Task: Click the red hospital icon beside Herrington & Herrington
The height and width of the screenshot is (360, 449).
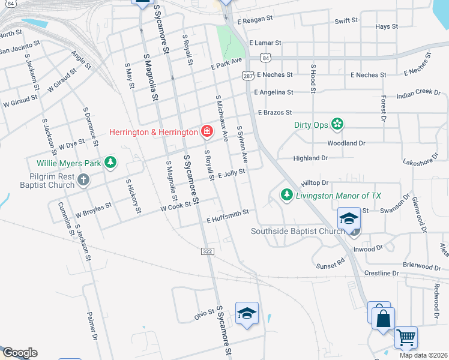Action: pyautogui.click(x=206, y=131)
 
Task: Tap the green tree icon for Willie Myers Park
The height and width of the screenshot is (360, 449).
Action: pyautogui.click(x=110, y=162)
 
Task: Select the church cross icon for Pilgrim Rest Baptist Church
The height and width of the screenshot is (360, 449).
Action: pyautogui.click(x=83, y=179)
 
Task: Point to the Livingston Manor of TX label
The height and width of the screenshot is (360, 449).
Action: pyautogui.click(x=339, y=196)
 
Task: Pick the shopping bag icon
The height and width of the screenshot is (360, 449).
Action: pyautogui.click(x=383, y=317)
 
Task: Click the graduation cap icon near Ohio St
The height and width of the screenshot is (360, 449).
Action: pyautogui.click(x=246, y=314)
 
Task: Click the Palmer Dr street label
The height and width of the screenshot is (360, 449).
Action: pyautogui.click(x=92, y=325)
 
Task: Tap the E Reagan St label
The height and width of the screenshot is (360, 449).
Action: pyautogui.click(x=255, y=19)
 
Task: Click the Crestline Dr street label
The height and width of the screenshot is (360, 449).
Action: pyautogui.click(x=382, y=273)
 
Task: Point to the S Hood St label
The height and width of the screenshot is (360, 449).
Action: pyautogui.click(x=313, y=78)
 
